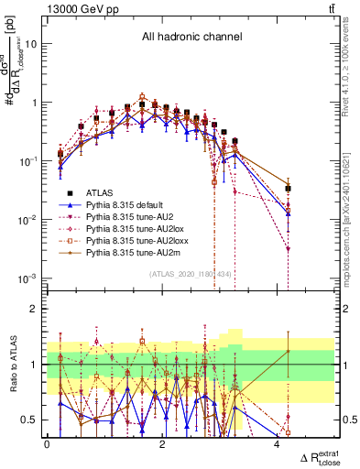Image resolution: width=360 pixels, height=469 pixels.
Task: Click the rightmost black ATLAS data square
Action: point(288,189)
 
